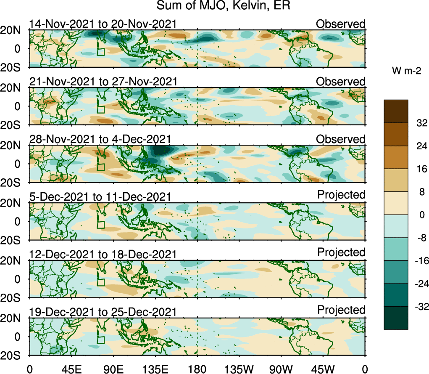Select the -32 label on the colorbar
click(x=420, y=307)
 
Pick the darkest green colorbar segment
click(x=395, y=318)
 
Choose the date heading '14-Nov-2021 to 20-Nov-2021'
click(x=103, y=24)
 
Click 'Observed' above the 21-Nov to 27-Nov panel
click(x=341, y=81)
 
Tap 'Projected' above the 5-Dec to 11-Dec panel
click(x=341, y=195)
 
